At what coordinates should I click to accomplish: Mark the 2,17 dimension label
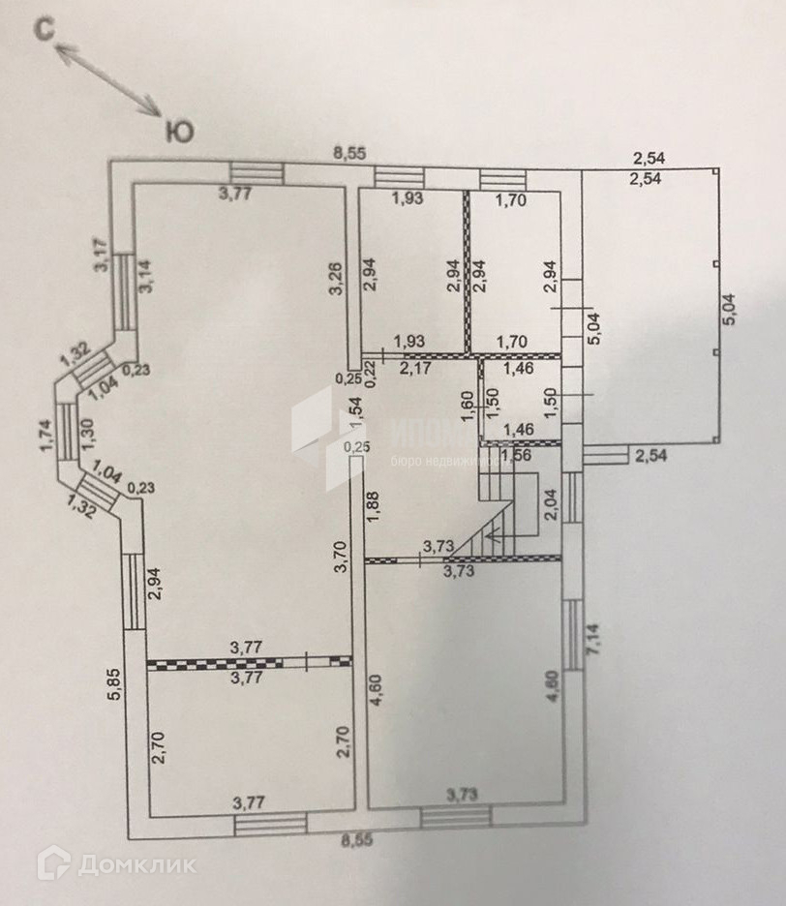click(417, 368)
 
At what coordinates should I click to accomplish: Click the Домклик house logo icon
click(53, 862)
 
